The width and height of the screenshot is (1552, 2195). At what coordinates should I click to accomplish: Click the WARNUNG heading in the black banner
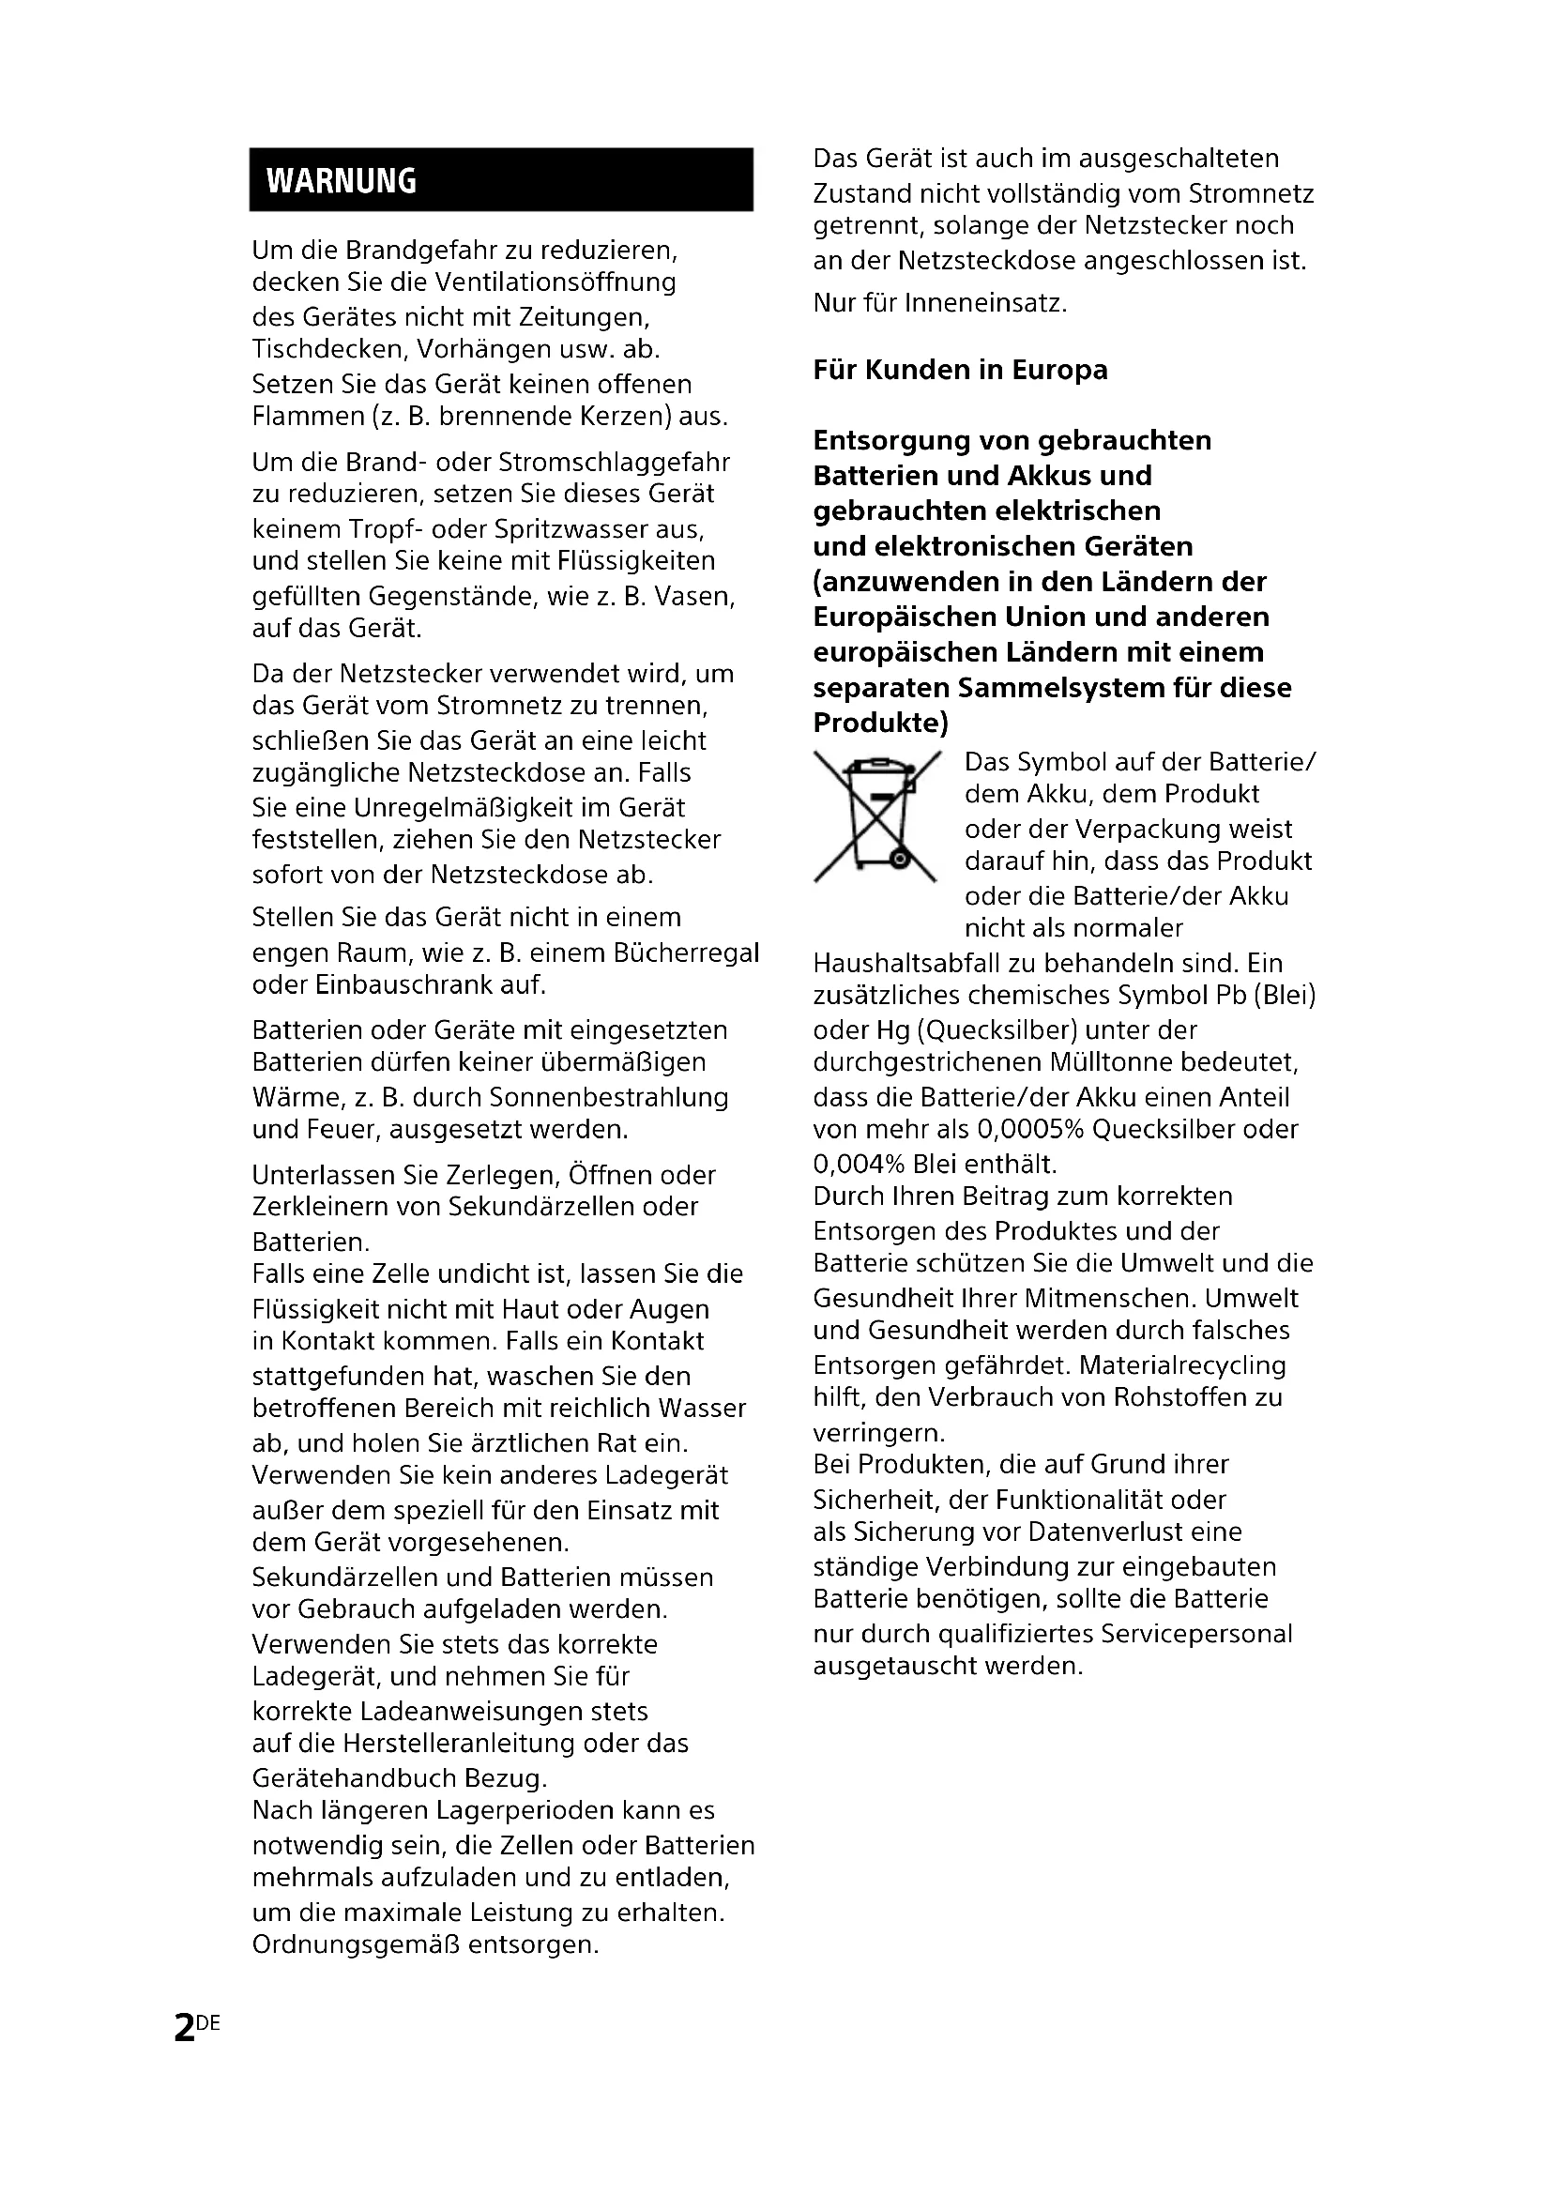(x=342, y=181)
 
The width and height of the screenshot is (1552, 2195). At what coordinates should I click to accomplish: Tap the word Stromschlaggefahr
(x=615, y=463)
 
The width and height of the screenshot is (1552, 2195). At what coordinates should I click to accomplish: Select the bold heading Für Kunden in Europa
(x=960, y=370)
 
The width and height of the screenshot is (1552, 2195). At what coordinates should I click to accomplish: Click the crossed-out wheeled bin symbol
(x=876, y=816)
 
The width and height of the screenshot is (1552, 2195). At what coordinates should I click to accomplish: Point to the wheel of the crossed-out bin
(x=899, y=861)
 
